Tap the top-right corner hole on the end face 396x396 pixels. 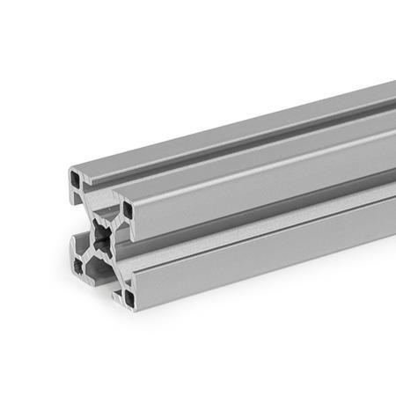128,210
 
